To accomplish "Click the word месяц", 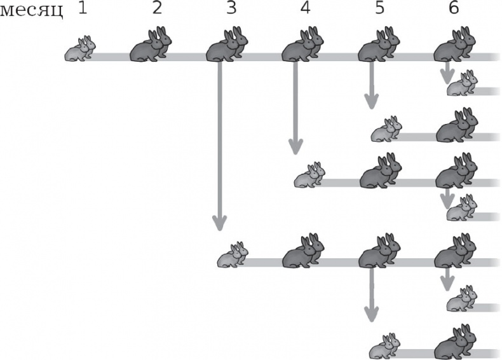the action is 31,11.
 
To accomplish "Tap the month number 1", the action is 83,8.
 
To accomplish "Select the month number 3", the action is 231,8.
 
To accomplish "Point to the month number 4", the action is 306,8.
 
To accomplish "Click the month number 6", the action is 454,8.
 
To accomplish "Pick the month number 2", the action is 157,8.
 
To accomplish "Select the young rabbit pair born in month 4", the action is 309,175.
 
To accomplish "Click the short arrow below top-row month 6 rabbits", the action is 447,72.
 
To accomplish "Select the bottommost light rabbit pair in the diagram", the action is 385,346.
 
